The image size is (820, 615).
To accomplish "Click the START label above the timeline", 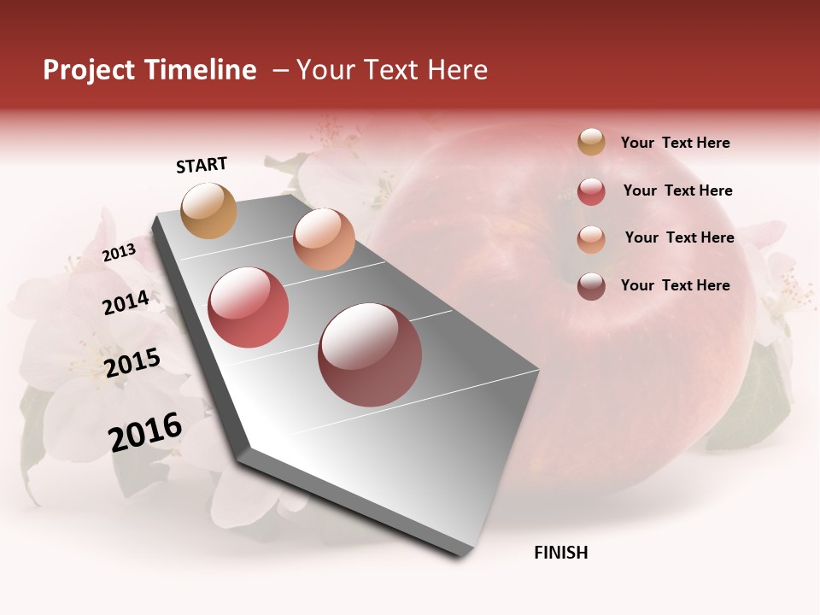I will pyautogui.click(x=202, y=165).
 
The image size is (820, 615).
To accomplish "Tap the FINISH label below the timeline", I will pyautogui.click(x=560, y=553).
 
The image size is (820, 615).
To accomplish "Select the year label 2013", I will pyautogui.click(x=119, y=252).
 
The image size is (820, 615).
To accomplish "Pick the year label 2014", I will pyautogui.click(x=126, y=302).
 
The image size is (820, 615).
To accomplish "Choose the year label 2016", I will pyautogui.click(x=145, y=432).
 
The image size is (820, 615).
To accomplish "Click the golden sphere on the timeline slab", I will pyautogui.click(x=209, y=210).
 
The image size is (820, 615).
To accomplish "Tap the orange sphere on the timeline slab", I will pyautogui.click(x=324, y=239).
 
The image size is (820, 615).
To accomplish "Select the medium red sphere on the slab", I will pyautogui.click(x=249, y=307).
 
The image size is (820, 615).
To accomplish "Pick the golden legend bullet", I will pyautogui.click(x=591, y=142).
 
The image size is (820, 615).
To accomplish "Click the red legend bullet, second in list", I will pyautogui.click(x=591, y=191).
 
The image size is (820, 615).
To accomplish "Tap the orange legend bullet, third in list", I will pyautogui.click(x=591, y=239).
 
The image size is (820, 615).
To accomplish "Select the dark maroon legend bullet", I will pyautogui.click(x=591, y=286).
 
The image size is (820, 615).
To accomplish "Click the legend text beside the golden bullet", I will pyautogui.click(x=675, y=143).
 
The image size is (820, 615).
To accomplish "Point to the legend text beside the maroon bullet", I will pyautogui.click(x=675, y=285).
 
